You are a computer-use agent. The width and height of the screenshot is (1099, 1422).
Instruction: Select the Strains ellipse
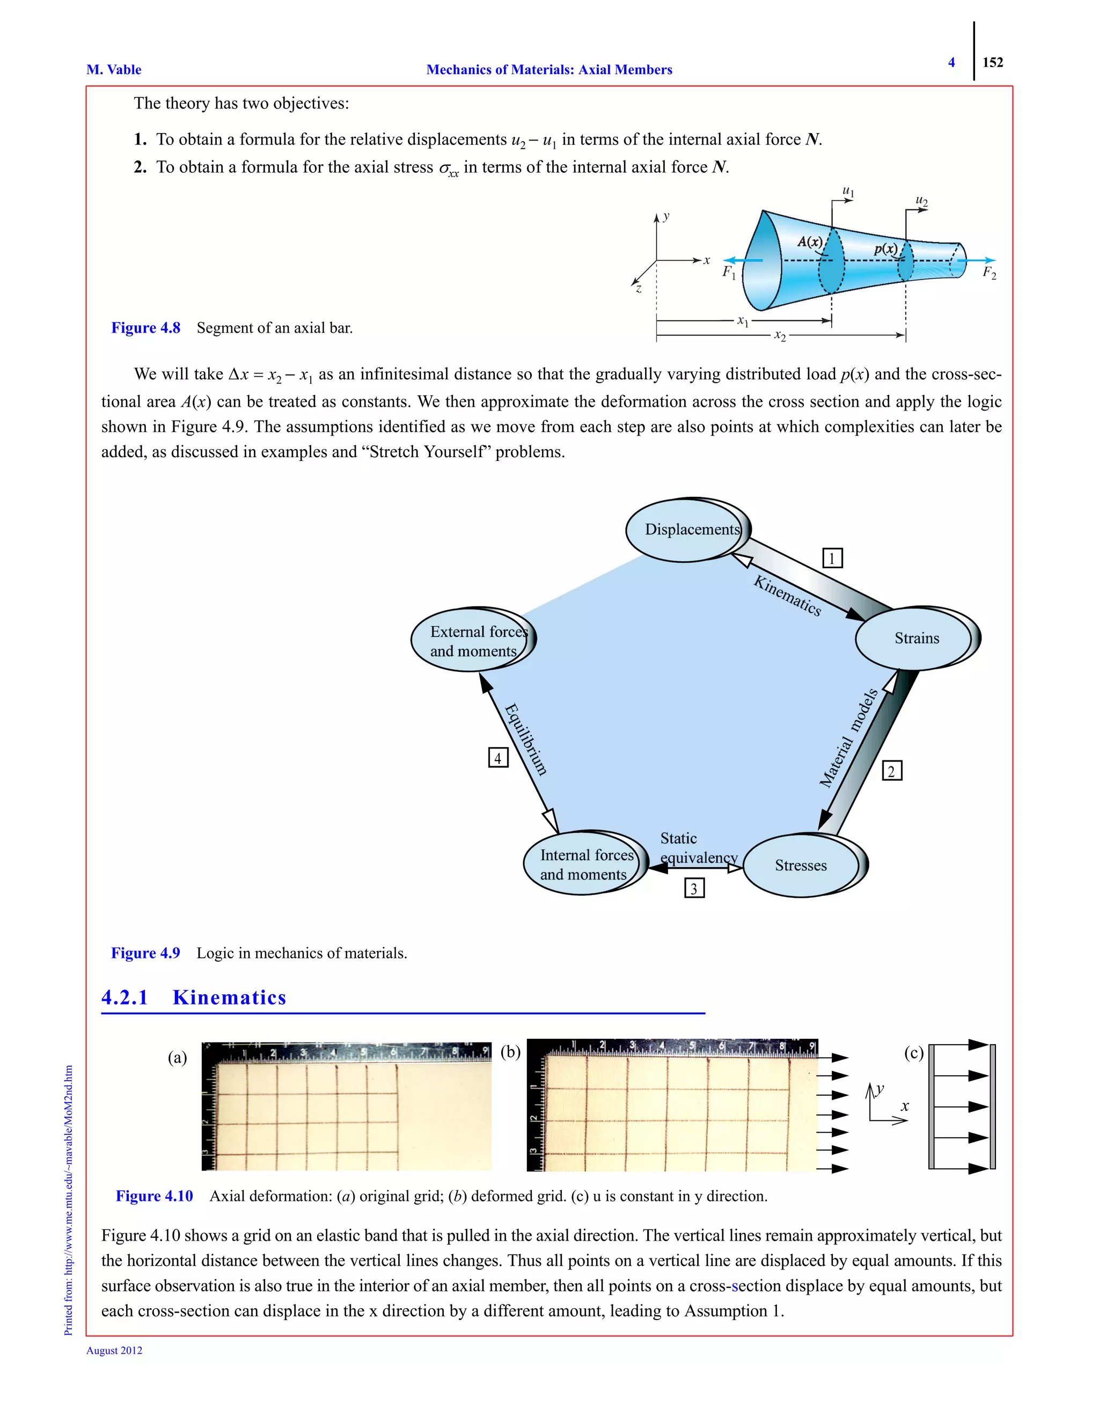click(915, 638)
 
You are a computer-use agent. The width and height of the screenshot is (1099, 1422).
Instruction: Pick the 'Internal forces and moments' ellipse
click(583, 864)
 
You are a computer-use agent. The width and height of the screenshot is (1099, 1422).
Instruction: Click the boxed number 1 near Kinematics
click(832, 558)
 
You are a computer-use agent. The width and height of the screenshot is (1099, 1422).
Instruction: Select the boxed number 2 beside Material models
click(891, 771)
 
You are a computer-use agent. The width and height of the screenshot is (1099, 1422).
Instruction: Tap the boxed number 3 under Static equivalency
click(694, 888)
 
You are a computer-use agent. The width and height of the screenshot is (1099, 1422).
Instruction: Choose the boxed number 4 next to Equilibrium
click(498, 758)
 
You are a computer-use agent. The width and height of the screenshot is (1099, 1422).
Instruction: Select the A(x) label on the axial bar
click(809, 241)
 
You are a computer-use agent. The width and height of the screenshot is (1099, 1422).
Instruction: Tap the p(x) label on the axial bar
click(885, 249)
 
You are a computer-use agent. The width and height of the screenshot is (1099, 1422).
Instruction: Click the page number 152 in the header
click(992, 62)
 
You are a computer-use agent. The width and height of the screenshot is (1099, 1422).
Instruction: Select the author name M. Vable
click(114, 70)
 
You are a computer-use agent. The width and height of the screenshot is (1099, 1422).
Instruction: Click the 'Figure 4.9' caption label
click(145, 952)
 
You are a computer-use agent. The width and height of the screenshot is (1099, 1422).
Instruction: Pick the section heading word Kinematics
click(229, 998)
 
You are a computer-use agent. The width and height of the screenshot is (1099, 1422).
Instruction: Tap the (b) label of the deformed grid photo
click(510, 1052)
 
